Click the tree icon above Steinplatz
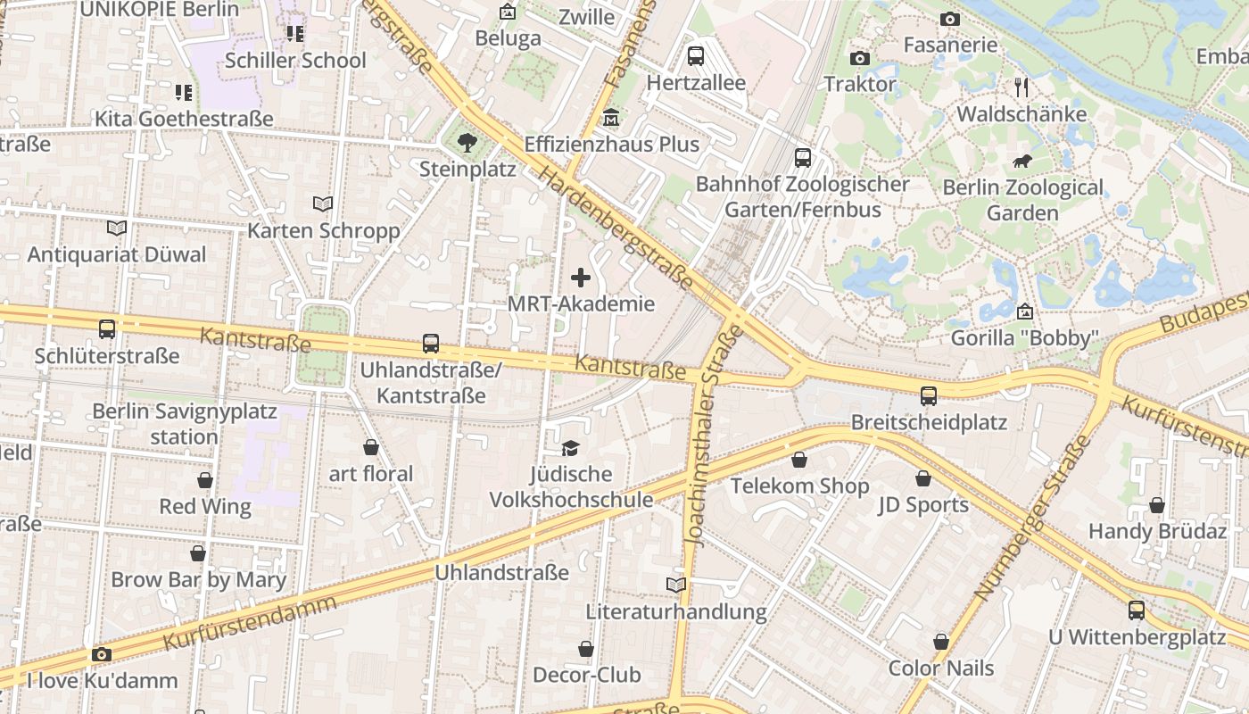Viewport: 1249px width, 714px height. point(466,142)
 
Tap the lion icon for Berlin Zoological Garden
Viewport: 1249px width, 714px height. point(1022,162)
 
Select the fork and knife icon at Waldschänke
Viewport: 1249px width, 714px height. point(1022,87)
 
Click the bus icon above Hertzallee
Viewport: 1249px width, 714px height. point(696,55)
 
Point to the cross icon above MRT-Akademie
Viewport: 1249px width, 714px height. point(581,278)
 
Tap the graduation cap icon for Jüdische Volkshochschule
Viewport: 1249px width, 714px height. point(570,448)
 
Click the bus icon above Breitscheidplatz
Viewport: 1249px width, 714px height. point(929,395)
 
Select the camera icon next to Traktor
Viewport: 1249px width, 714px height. point(860,58)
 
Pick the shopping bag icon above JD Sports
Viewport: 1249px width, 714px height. point(923,478)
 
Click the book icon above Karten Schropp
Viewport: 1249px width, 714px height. point(323,203)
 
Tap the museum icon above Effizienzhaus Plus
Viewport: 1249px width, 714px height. point(612,117)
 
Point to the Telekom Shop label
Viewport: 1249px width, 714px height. point(799,486)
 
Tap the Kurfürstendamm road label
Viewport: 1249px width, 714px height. point(250,622)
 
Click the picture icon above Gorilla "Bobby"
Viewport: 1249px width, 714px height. point(1025,311)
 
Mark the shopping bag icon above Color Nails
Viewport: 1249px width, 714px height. point(940,642)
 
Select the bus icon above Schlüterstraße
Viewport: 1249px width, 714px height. point(107,328)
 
